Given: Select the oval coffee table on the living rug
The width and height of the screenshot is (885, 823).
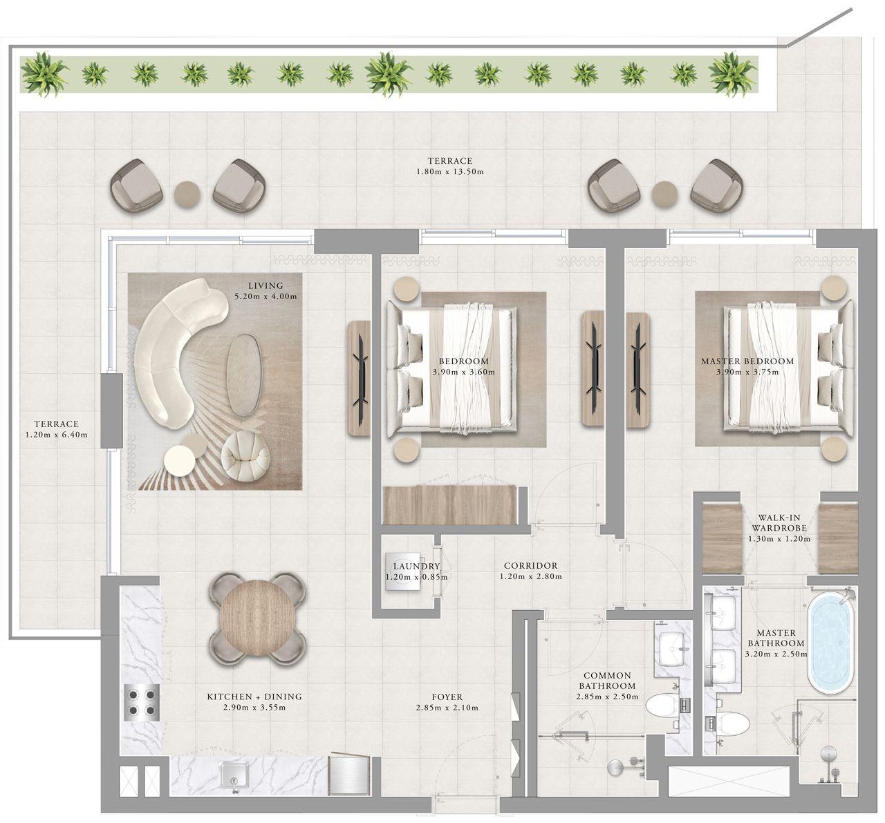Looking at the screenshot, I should coord(245,375).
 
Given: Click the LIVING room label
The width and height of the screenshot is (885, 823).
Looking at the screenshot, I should coord(266,285).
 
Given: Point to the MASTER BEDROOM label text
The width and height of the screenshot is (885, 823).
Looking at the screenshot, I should coord(747,361).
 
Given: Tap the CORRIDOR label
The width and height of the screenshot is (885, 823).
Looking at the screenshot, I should coord(530,565).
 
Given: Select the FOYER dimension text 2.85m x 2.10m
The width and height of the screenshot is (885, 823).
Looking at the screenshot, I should coord(447,708).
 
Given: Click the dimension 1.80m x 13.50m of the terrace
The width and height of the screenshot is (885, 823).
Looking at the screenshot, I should coord(449,171).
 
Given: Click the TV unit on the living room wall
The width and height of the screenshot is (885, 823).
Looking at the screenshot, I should coord(359,378).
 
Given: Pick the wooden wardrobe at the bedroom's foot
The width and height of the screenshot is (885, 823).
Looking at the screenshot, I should coord(450,504).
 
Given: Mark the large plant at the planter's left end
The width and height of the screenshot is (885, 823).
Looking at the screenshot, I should coord(44,73).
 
